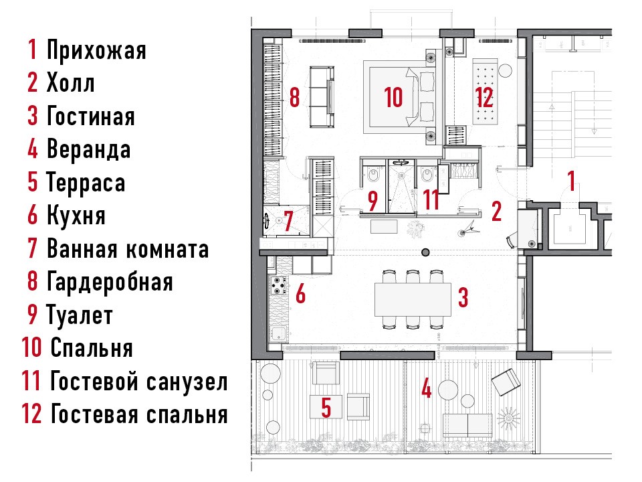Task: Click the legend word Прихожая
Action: point(96,50)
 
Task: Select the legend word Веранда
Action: point(88,149)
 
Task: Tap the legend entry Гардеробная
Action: point(110,282)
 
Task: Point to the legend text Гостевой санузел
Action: point(138,382)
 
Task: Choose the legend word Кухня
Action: point(76,216)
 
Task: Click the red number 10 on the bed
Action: point(393,97)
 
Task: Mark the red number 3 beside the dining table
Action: point(463,297)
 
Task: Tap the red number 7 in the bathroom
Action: point(289,221)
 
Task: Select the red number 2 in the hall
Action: point(496,212)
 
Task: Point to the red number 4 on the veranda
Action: point(427,388)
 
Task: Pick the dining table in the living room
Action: point(413,299)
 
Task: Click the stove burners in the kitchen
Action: point(279,286)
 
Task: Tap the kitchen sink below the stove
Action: point(278,334)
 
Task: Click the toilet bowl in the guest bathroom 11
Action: point(427,175)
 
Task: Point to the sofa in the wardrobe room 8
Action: point(322,97)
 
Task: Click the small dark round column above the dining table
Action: point(426,252)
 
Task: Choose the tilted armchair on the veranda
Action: point(506,382)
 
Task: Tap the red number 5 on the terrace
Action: point(326,408)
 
